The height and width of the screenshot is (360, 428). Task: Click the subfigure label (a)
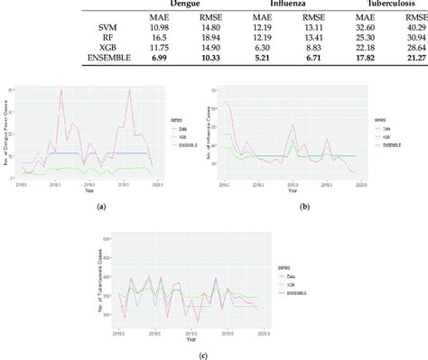(101, 208)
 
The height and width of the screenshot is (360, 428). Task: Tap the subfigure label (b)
(305, 208)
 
